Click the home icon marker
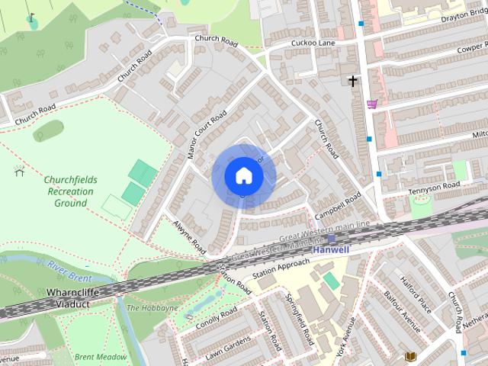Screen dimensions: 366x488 tap(243, 176)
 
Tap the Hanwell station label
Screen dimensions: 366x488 tap(330, 249)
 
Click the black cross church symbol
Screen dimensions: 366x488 tap(352, 80)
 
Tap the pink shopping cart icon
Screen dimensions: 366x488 tap(371, 104)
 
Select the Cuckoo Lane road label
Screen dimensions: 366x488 tap(313, 43)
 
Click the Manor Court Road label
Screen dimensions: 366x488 tap(207, 135)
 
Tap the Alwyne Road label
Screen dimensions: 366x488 tap(189, 238)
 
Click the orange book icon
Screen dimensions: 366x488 tap(410, 356)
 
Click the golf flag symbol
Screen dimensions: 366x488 tap(31, 18)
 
